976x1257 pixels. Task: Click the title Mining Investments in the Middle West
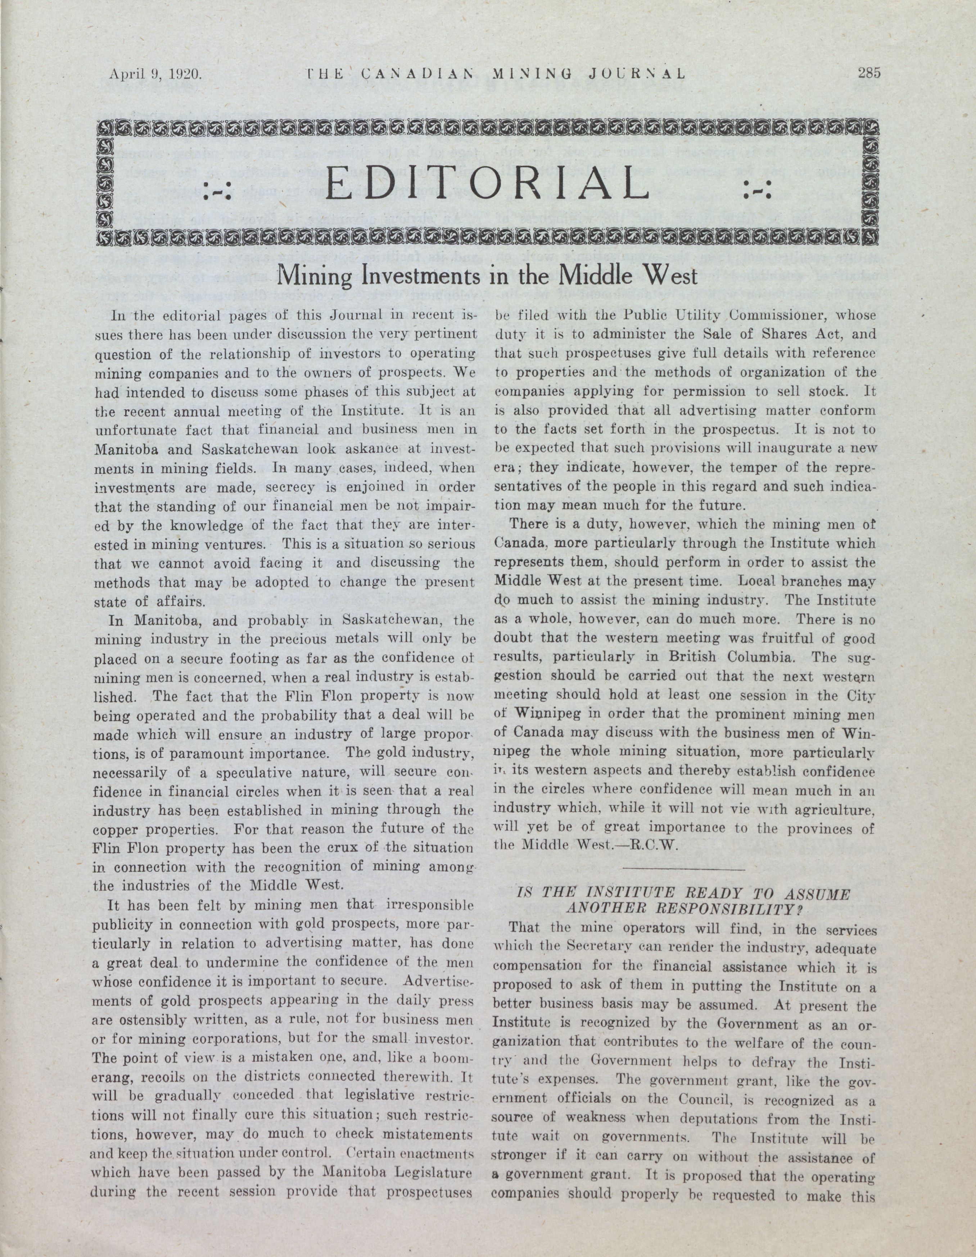point(487,276)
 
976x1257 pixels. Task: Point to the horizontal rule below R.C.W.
point(684,869)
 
